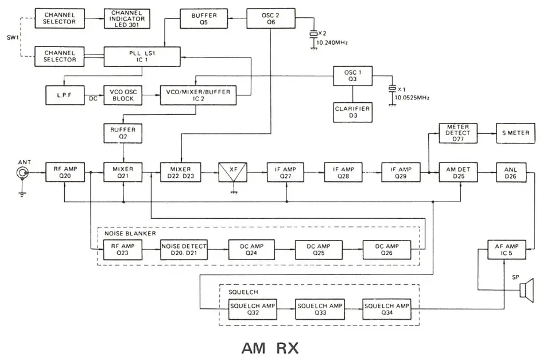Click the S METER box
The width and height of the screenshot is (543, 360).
pos(515,133)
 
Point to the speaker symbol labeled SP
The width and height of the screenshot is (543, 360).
pos(525,291)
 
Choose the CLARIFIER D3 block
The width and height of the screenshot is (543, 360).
pos(352,111)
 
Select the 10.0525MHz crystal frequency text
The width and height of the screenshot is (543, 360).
pos(412,98)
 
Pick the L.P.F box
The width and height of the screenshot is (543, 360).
pos(65,95)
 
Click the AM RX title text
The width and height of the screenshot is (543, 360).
pos(270,347)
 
